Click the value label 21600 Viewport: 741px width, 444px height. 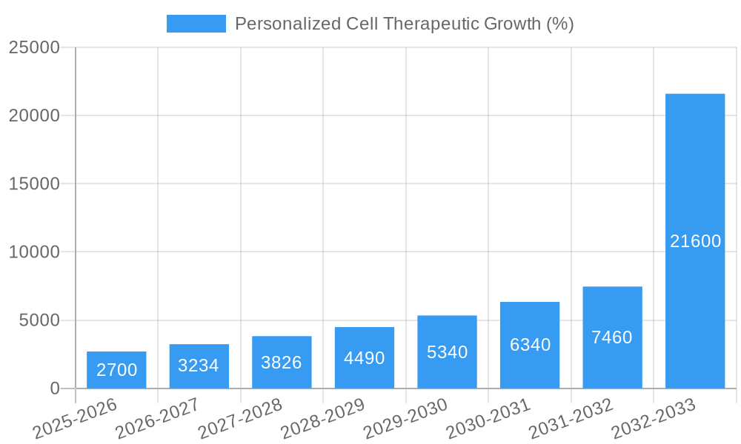[x=695, y=241]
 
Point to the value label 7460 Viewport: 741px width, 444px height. [x=612, y=337]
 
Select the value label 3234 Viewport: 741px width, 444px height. [x=199, y=366]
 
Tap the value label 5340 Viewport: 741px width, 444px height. [x=447, y=352]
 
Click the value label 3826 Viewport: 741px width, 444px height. [x=282, y=363]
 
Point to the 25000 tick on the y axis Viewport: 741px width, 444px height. [x=34, y=47]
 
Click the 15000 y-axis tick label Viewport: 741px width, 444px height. [x=34, y=184]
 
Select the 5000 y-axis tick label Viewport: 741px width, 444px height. [x=39, y=320]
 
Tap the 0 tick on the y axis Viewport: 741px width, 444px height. [x=55, y=388]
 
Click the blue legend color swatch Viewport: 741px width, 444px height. [x=196, y=24]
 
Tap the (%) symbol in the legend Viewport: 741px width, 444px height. [x=559, y=24]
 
